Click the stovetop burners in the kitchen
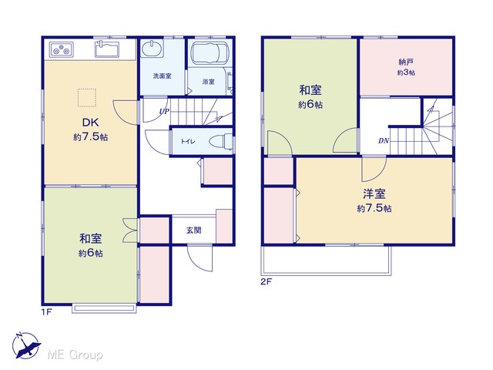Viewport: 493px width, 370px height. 62,49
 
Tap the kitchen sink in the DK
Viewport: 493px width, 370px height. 107,49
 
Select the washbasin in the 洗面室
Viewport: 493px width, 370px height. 153,49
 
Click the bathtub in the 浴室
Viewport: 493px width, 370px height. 210,52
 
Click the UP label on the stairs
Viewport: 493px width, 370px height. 164,111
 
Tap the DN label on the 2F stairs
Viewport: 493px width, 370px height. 384,140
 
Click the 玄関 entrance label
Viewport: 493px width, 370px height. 193,230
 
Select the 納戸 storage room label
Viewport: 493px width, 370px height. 406,62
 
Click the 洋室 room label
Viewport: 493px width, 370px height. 374,193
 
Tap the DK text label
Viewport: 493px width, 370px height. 91,122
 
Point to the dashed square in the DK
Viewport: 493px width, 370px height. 87,98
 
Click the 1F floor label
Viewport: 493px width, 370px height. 46,312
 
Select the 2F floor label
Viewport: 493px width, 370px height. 266,281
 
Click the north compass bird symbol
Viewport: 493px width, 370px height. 26,345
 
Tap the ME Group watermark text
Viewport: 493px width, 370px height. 75,355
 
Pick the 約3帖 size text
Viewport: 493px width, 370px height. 406,72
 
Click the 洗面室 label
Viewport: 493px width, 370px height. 163,76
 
